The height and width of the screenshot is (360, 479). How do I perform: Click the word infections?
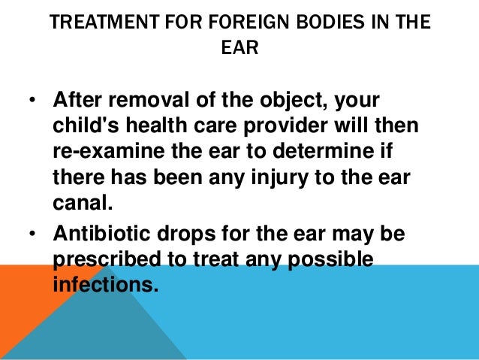click(106, 286)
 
